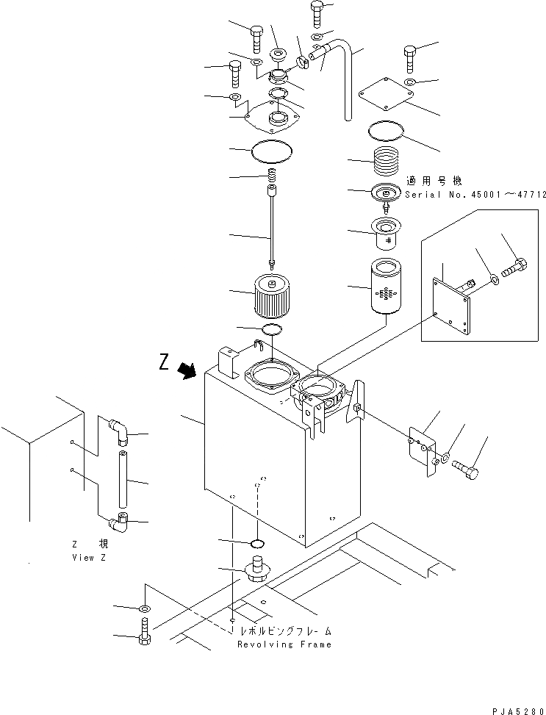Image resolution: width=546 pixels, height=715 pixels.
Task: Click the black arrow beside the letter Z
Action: pyautogui.click(x=189, y=370)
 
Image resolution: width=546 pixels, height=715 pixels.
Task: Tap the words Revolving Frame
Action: pyautogui.click(x=284, y=644)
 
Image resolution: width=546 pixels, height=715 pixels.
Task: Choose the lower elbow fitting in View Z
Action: pyautogui.click(x=118, y=522)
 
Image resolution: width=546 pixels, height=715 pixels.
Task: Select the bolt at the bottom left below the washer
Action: pyautogui.click(x=144, y=631)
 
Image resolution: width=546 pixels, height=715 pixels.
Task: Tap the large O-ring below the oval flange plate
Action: pyautogui.click(x=273, y=151)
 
